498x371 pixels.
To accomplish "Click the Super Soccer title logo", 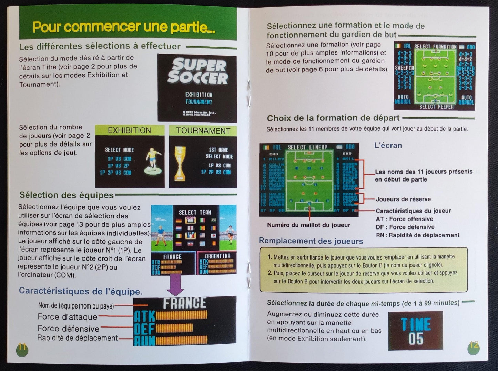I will click(197, 71).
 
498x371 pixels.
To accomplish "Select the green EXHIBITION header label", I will click(129, 130).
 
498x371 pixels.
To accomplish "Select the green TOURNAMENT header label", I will click(203, 131).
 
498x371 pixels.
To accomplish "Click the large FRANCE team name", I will click(185, 303).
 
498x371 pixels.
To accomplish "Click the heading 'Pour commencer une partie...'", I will click(124, 27).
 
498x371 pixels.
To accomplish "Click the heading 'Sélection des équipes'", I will click(67, 195).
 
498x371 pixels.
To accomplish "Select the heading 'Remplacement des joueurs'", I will click(311, 241).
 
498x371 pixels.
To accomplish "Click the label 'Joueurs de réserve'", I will click(403, 199).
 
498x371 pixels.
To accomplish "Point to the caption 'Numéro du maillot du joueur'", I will click(308, 225).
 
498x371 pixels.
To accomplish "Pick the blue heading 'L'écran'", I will click(388, 145).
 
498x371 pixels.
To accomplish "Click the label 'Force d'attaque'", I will click(68, 317).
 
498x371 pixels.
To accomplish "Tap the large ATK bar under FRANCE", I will click(181, 315).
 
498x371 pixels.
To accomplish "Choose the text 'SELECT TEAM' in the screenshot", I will click(195, 212).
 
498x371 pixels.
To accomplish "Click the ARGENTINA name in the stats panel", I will click(218, 256).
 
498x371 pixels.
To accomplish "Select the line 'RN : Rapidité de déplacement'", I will click(417, 235).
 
